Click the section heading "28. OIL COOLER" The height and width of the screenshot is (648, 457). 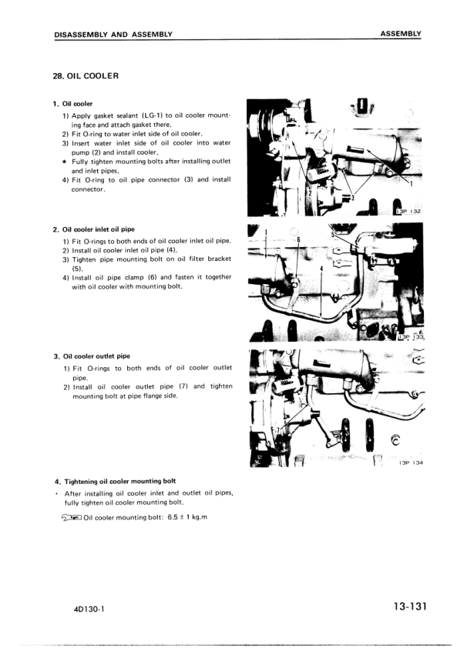[86, 76]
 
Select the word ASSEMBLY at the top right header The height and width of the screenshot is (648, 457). [401, 34]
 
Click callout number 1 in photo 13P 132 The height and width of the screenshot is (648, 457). [412, 183]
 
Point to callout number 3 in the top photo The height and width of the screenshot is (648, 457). [352, 198]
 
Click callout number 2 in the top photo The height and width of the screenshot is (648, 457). [308, 193]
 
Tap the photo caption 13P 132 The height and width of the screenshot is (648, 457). [408, 210]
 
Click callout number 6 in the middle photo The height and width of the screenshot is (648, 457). [297, 241]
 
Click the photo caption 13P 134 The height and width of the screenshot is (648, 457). [412, 463]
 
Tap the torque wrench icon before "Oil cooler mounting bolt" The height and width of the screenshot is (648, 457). [71, 517]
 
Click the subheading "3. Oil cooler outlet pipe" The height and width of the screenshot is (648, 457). [96, 356]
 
